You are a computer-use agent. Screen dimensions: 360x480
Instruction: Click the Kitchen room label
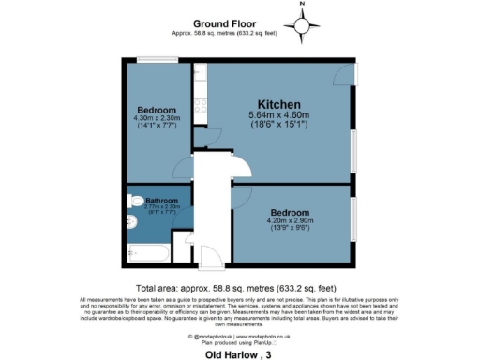point(278,103)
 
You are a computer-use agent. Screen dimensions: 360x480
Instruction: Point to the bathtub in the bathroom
point(146,254)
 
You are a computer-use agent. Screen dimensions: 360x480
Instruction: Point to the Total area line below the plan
point(241,288)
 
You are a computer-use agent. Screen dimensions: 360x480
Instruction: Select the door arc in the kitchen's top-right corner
point(347,74)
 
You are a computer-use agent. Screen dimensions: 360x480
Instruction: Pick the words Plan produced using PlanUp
point(239,342)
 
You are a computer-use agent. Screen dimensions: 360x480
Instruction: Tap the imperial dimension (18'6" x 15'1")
point(279,125)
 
